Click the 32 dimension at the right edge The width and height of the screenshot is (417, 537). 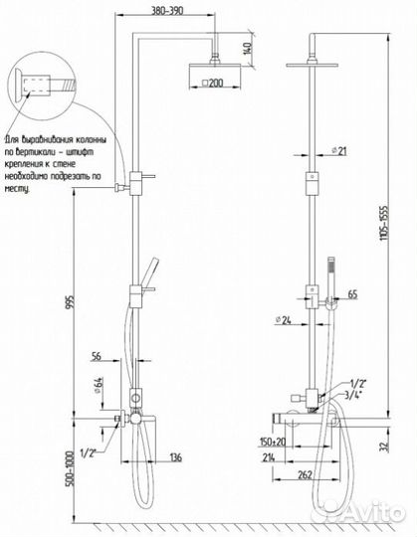coord(400,447)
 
